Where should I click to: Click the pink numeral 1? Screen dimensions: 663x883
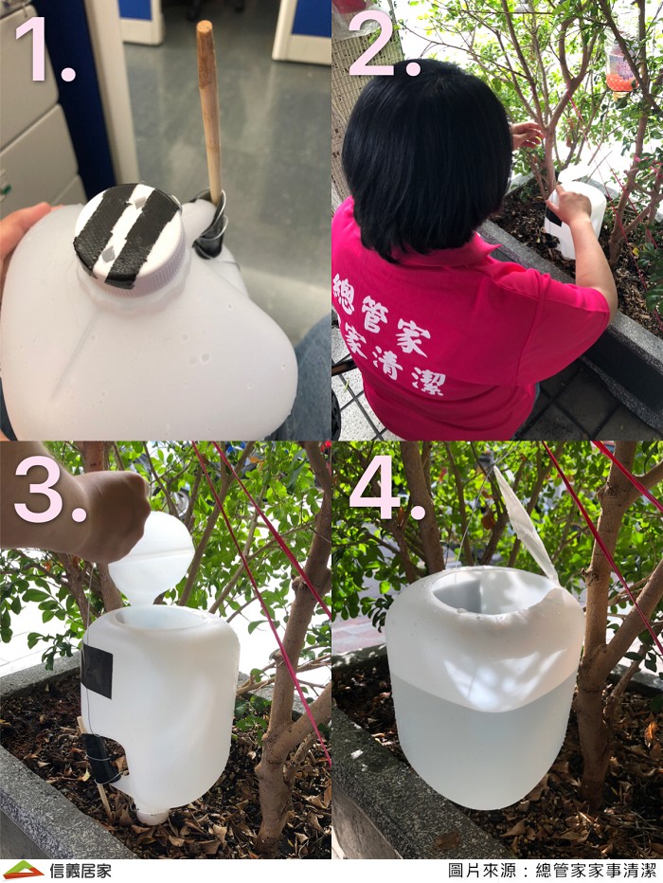[43, 49]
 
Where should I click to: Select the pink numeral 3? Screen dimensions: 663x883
[48, 489]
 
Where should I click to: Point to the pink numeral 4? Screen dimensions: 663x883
[386, 488]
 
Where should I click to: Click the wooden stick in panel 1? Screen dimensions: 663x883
[209, 113]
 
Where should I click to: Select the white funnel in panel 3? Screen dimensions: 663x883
[151, 557]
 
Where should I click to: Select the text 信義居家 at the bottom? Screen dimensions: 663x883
[80, 870]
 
